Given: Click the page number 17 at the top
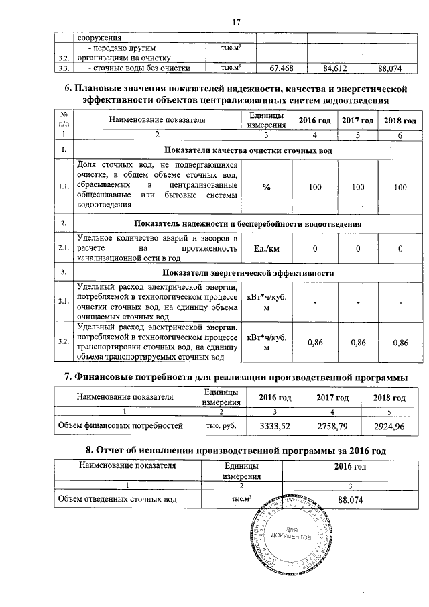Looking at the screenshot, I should click(235, 22).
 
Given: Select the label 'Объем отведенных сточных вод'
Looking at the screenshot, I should click(117, 500).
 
